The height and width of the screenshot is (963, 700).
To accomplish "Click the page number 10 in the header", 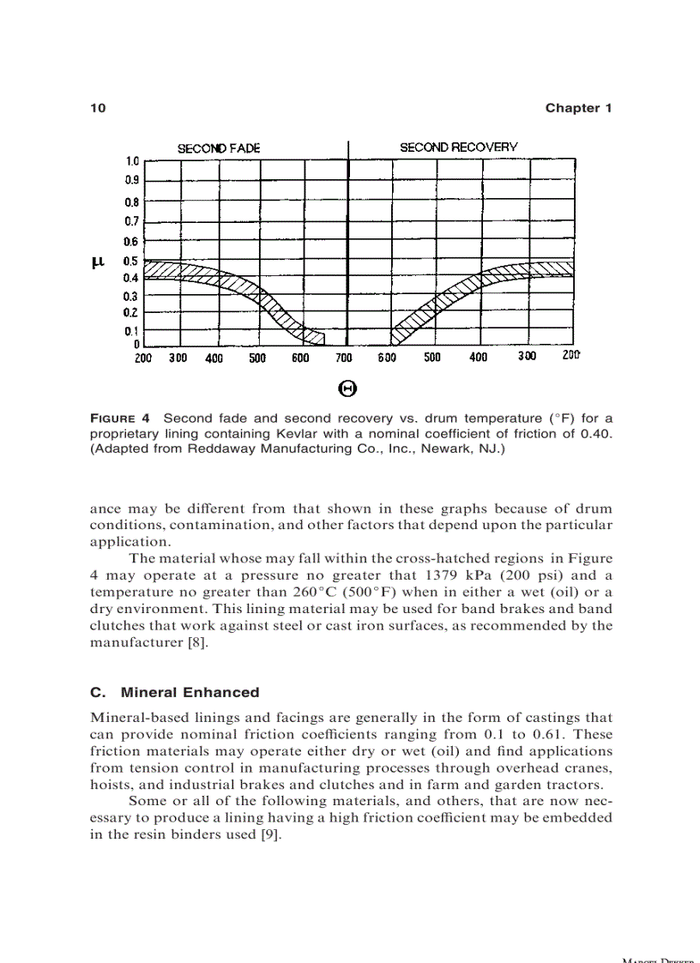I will coord(97,108).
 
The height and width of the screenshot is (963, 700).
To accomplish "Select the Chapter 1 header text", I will coord(578,108).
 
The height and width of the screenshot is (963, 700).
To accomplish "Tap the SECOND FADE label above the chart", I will coord(219,148).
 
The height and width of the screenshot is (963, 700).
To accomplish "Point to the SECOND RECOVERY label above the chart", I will coord(458,147).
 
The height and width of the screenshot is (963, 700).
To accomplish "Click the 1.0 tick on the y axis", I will coord(132,161).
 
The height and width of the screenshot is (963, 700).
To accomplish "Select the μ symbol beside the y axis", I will coord(97,262).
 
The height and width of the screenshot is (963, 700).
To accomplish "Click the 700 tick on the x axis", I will coord(344,358).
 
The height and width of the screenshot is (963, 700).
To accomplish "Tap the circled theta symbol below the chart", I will coord(348,389).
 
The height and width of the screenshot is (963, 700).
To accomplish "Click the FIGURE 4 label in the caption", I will coord(120,418).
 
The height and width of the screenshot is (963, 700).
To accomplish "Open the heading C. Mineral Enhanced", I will coord(174,692).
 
